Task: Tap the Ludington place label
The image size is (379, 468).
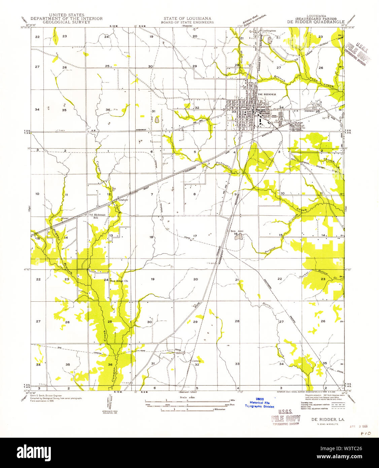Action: tap(269, 31)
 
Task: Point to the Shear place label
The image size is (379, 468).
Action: tap(65, 218)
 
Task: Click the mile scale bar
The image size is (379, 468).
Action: tap(187, 401)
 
